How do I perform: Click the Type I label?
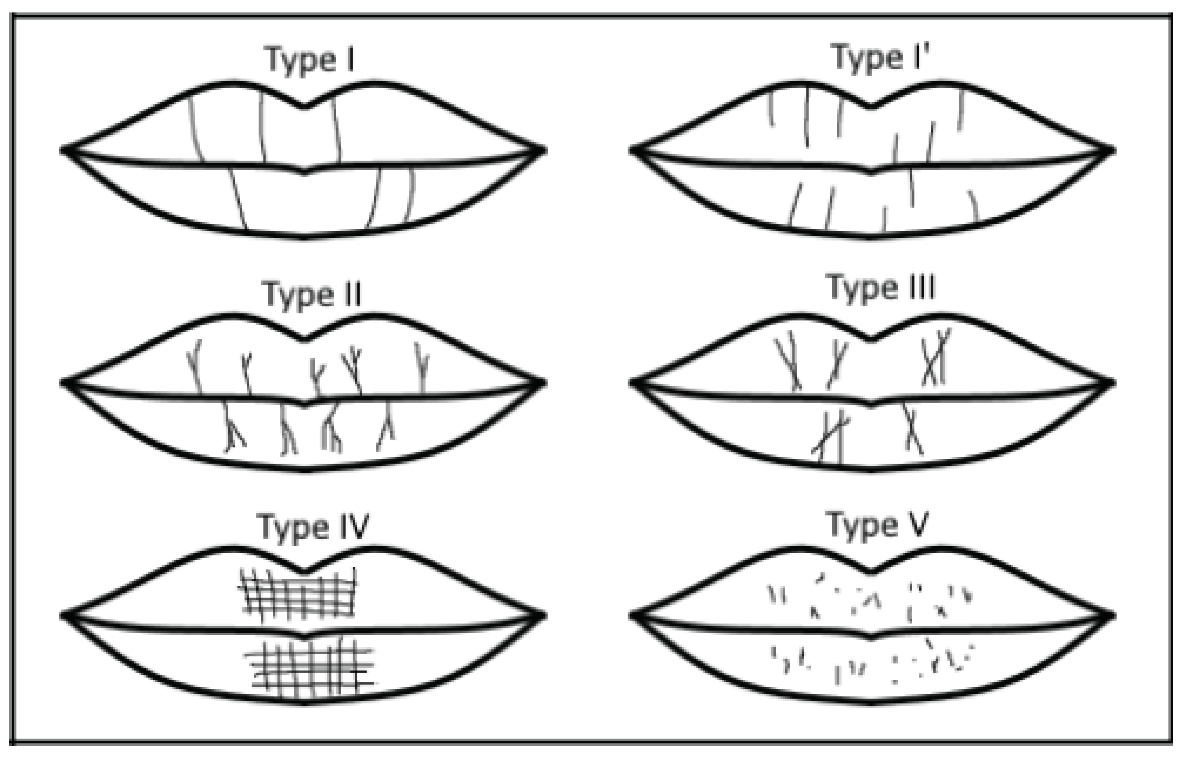310,60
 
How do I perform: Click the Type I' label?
880,58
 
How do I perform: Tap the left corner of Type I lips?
63,150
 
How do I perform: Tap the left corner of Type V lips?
632,615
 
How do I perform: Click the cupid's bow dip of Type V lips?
870,572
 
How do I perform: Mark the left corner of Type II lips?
63,382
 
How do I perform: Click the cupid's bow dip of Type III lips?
870,339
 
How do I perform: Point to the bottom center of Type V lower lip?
870,702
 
